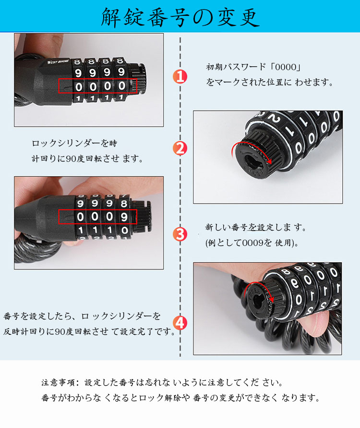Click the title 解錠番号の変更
click(180, 17)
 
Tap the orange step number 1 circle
click(180, 76)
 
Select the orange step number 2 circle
click(180, 148)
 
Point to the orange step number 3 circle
click(180, 234)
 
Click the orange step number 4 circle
click(180, 323)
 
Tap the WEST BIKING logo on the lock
click(58, 62)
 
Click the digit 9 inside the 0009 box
click(124, 217)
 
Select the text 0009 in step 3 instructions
click(253, 243)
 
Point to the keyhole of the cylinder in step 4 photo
click(258, 302)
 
